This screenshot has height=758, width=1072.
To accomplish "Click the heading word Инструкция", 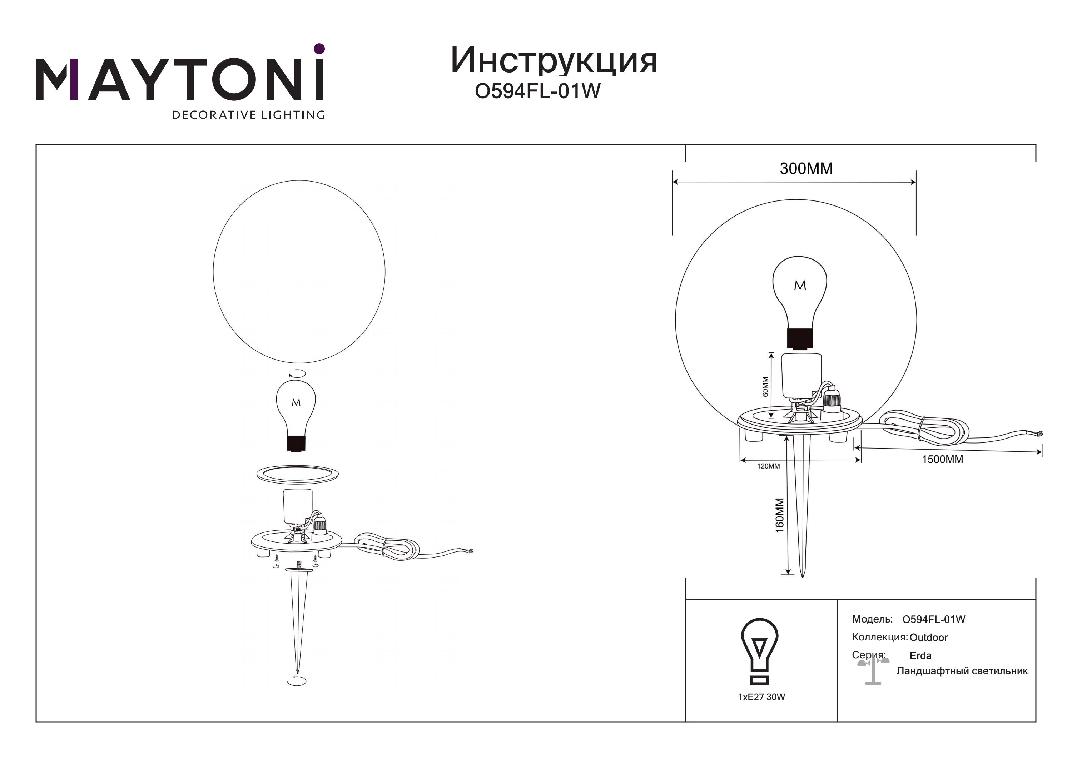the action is pyautogui.click(x=554, y=61).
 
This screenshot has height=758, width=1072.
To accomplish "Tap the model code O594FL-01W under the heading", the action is pyautogui.click(x=537, y=91).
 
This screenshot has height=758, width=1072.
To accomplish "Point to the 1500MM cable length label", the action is pyautogui.click(x=942, y=459).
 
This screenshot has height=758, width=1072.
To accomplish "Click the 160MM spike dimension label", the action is pyautogui.click(x=780, y=515).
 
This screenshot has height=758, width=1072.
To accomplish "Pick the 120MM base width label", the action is pyautogui.click(x=768, y=466).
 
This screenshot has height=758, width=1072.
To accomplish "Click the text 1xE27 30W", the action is pyautogui.click(x=761, y=697).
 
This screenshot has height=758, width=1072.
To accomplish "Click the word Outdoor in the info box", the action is pyautogui.click(x=929, y=638).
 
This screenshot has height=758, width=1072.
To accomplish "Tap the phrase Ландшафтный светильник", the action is pyautogui.click(x=962, y=671).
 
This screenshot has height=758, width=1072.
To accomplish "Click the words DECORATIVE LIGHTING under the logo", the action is pyautogui.click(x=248, y=115).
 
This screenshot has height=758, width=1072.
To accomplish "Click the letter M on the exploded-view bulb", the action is pyautogui.click(x=296, y=402).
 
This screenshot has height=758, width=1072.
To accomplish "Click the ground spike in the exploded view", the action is pyautogui.click(x=298, y=616).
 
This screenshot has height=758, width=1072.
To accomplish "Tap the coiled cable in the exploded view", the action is pyautogui.click(x=387, y=546).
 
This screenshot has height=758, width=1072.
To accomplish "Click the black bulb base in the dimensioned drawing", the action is pyautogui.click(x=800, y=338).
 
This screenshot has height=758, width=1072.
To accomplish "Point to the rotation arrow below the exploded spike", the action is pyautogui.click(x=297, y=682).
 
